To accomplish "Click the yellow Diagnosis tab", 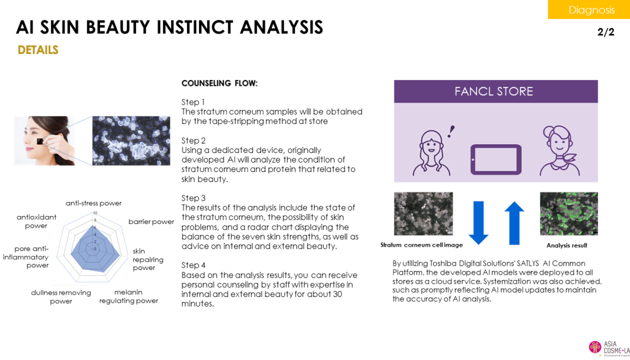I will coord(588,10).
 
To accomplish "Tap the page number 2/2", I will coord(606,32).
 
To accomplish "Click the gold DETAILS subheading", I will coord(38,50).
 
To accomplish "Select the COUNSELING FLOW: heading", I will coord(219,83).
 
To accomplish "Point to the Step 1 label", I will coord(193,102).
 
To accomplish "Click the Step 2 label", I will coord(193,140).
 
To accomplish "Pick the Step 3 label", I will coord(193,198).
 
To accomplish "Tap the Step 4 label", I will coord(193,265).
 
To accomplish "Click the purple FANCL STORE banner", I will coord(496,92).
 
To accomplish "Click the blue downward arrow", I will coord(478,222).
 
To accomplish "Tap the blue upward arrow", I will coord(514,222).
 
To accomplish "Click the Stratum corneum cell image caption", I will coord(421,245).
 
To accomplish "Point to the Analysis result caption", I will coord(566,246).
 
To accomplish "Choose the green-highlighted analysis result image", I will coord(569,213).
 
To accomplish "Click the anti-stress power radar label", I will coord(94,203).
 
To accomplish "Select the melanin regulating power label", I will coord(129,296).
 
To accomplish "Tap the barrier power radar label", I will coord(151,222).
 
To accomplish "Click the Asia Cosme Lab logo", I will coord(609,347).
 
